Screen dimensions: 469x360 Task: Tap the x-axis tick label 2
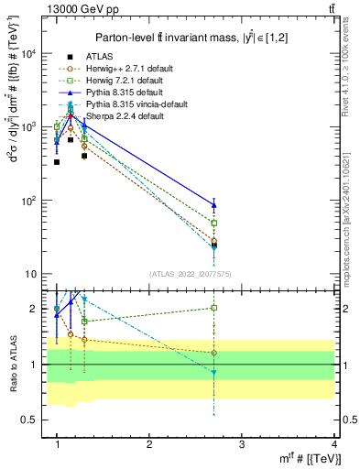(x=149, y=444)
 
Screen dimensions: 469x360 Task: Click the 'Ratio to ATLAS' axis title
(x=11, y=365)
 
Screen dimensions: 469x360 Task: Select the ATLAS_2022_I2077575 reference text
(x=191, y=275)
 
